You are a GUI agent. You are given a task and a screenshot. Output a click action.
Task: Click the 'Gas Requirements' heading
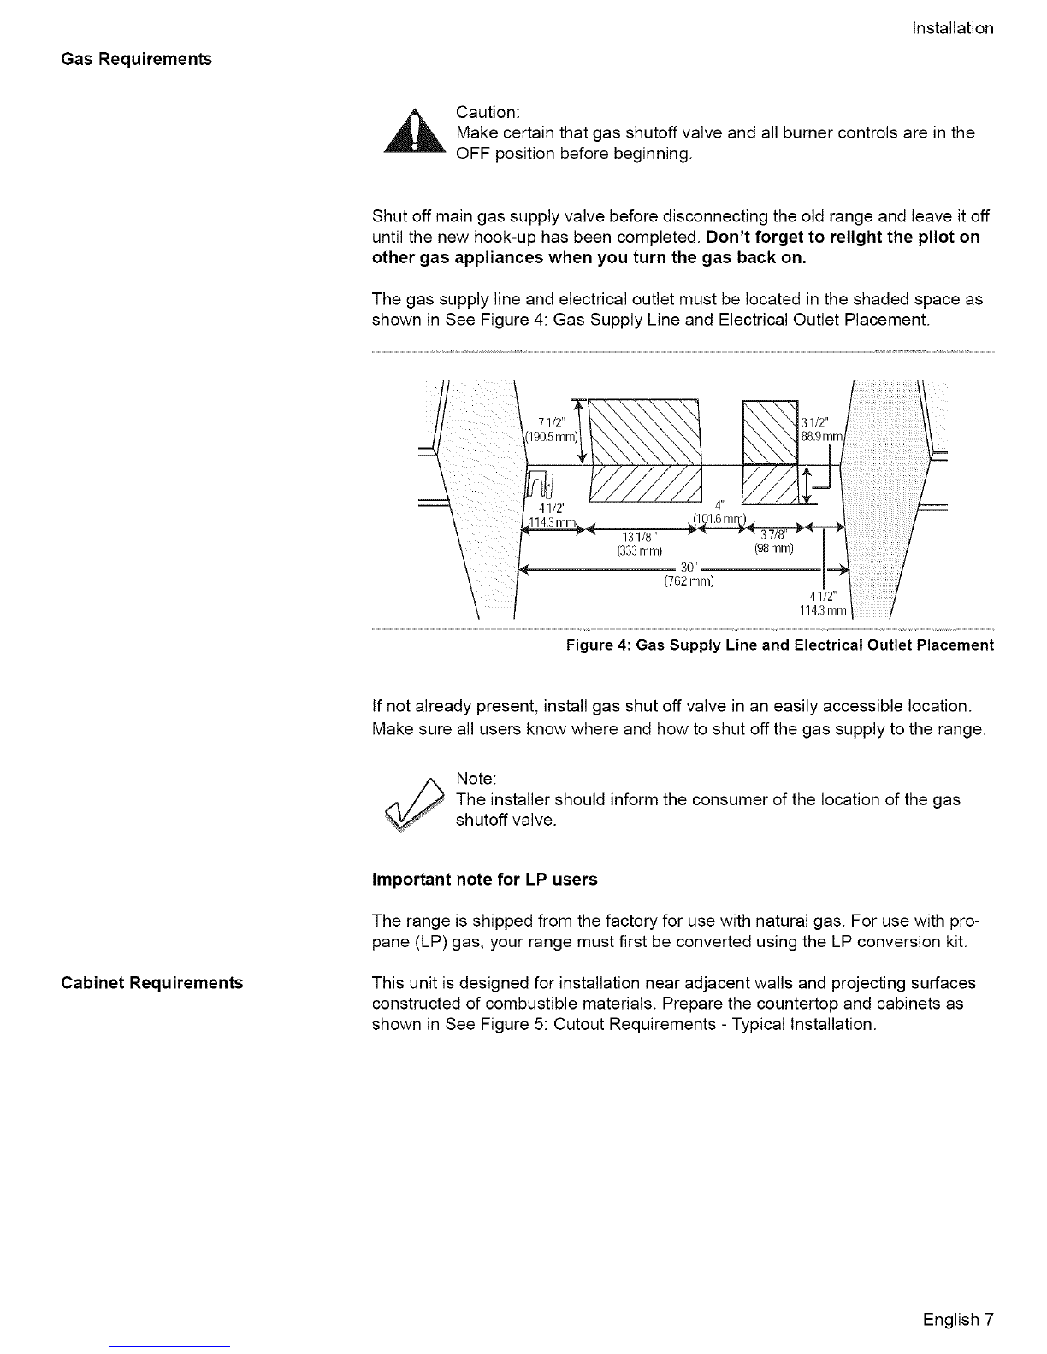click(x=136, y=59)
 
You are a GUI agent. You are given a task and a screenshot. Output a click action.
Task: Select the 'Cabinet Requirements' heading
click(x=151, y=982)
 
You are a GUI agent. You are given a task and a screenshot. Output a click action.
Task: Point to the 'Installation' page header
click(x=953, y=28)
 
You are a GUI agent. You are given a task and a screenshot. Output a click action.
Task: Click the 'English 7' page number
click(x=958, y=1319)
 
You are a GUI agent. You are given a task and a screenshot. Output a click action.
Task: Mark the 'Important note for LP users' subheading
click(x=485, y=880)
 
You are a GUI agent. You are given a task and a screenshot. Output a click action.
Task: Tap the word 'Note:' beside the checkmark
click(x=476, y=779)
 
